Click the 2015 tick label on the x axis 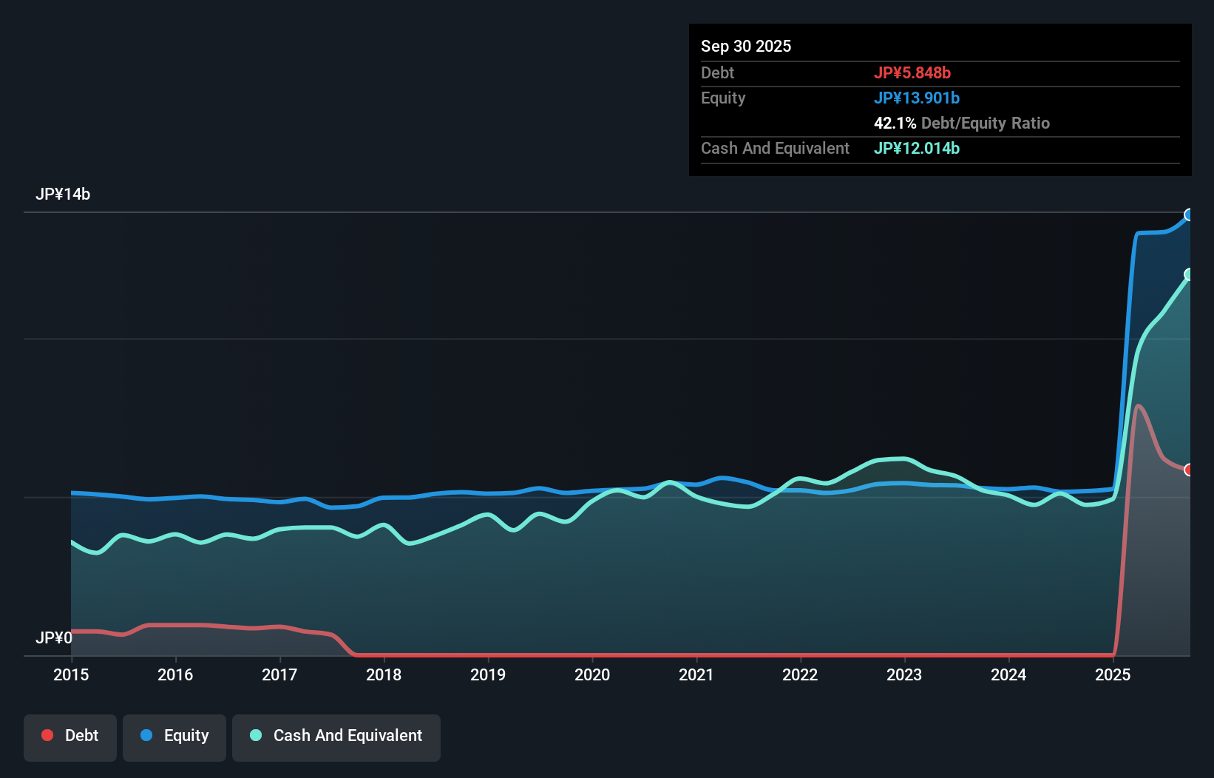click(71, 674)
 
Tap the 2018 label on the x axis click(384, 674)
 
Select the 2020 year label click(592, 674)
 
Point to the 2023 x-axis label click(904, 674)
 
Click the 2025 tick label click(1113, 674)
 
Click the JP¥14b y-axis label click(63, 194)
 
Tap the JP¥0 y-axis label click(54, 637)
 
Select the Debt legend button click(70, 736)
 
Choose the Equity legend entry click(174, 736)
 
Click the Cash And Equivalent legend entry click(336, 736)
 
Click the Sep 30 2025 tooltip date click(746, 47)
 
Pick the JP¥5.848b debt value click(912, 73)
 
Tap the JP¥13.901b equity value click(917, 98)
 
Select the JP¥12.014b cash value click(917, 149)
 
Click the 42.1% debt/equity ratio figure click(895, 124)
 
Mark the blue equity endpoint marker click(1189, 215)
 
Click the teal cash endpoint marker click(1189, 274)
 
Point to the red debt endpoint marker click(1189, 470)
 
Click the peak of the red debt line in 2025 click(1138, 406)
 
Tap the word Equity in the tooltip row click(723, 98)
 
